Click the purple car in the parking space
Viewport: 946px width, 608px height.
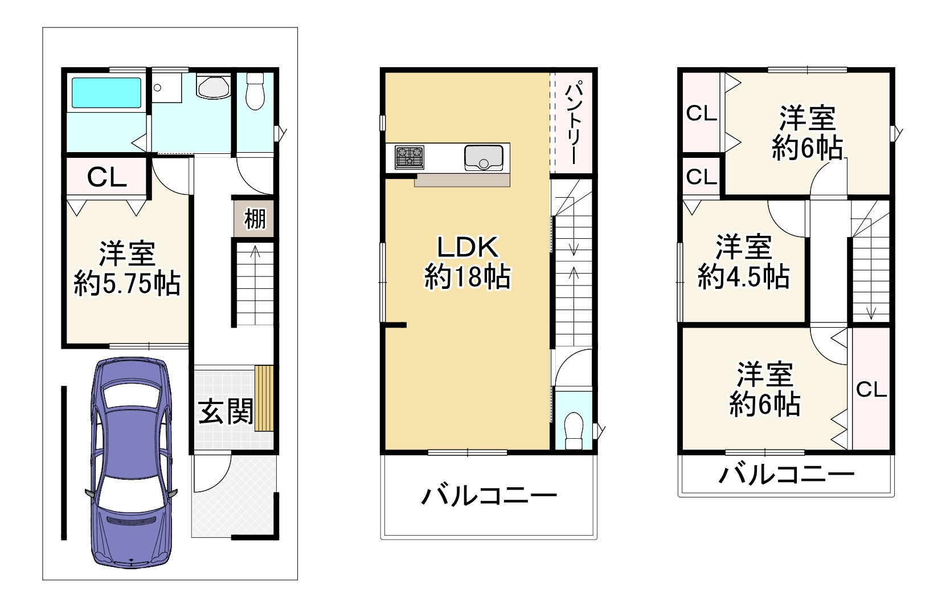(132, 462)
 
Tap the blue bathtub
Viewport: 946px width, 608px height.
(105, 92)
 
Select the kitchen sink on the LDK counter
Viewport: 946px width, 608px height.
(484, 157)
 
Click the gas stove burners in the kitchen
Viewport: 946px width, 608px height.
(409, 157)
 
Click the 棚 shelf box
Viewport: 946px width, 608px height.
(255, 218)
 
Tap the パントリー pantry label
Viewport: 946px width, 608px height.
(573, 123)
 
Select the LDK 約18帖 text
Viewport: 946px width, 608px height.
(467, 263)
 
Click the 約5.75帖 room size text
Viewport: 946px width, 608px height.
(127, 283)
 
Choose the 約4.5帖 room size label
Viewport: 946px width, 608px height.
(743, 278)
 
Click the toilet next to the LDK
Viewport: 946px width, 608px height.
(574, 428)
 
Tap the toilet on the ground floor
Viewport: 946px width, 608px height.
(255, 91)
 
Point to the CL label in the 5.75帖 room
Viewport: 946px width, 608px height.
(107, 178)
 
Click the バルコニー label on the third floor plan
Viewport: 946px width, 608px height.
(786, 474)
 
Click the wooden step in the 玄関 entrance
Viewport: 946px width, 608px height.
(264, 398)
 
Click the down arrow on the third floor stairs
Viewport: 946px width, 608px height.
(870, 311)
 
